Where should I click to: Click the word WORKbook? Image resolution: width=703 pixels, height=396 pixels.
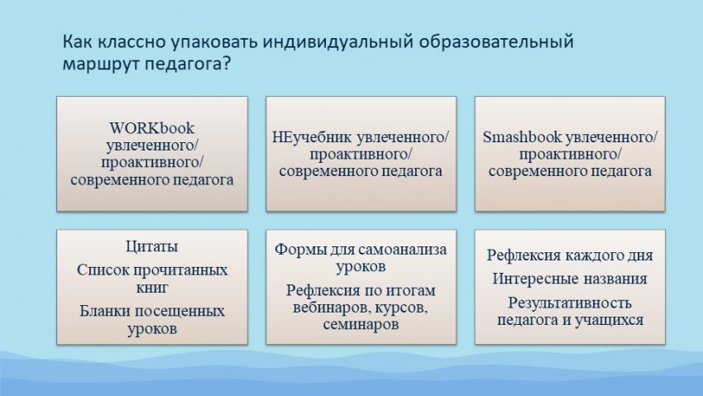(x=151, y=128)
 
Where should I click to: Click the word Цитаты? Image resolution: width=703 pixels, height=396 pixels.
(x=151, y=246)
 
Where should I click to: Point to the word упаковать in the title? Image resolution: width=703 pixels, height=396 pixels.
(x=215, y=41)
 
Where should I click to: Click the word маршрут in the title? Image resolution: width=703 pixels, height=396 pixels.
(x=101, y=64)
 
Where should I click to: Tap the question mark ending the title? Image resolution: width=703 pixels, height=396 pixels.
(x=226, y=62)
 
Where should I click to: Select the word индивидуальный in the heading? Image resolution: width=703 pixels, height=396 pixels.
(x=338, y=41)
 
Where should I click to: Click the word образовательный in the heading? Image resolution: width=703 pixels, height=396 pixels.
(x=497, y=41)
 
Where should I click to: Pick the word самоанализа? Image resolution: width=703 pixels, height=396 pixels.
(x=403, y=249)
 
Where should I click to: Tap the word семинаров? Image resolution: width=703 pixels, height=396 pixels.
(x=361, y=324)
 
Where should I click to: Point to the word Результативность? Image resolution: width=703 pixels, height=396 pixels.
(x=569, y=303)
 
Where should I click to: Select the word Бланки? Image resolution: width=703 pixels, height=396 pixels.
(x=105, y=311)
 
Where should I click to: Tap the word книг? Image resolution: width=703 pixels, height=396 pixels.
(x=152, y=287)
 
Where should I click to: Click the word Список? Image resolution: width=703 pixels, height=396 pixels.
(x=103, y=270)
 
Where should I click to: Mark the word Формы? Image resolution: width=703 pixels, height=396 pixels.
(x=296, y=249)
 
